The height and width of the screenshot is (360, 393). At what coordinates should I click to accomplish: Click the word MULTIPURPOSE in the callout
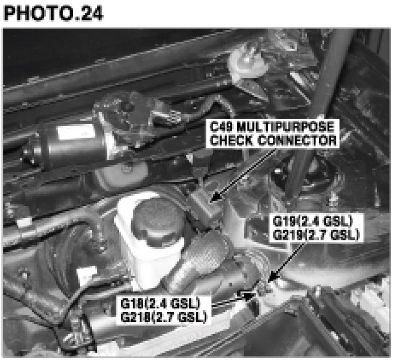tap(286, 127)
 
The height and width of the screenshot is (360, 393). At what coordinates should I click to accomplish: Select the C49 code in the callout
tap(222, 127)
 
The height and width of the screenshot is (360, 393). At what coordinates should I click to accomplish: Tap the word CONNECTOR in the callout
tap(298, 140)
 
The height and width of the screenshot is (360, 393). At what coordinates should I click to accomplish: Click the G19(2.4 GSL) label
tap(313, 221)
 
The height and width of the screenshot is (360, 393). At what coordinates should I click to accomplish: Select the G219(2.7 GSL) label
tap(316, 235)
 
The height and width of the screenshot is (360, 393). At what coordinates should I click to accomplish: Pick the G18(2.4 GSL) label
tap(160, 303)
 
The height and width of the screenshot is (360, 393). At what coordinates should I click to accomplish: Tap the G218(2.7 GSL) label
tap(164, 317)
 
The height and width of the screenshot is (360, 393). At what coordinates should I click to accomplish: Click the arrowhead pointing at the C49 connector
tap(216, 196)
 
